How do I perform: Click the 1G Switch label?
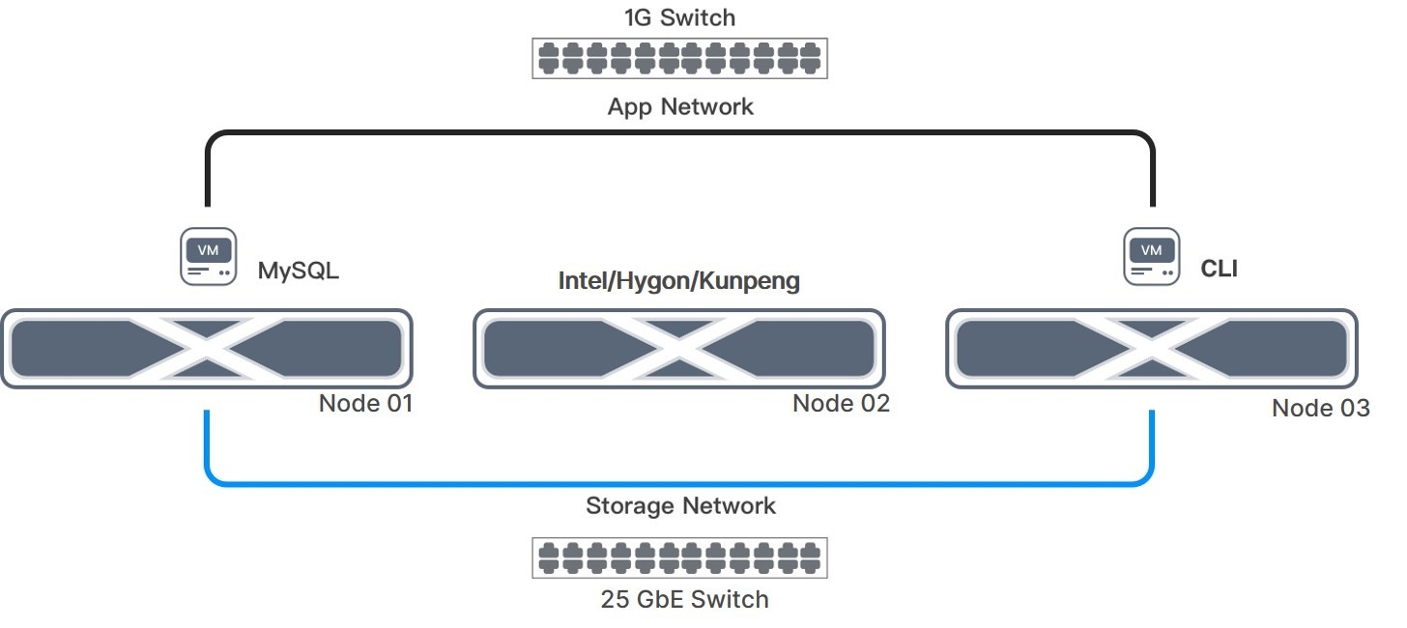(x=679, y=17)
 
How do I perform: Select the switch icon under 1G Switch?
(x=679, y=58)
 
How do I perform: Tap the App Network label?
(x=679, y=106)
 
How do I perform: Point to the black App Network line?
(x=679, y=133)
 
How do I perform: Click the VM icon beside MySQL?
(x=208, y=256)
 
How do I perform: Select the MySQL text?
(x=298, y=271)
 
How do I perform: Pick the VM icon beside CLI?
(x=1151, y=256)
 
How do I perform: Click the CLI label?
(x=1219, y=269)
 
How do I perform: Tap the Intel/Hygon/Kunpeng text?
(x=679, y=281)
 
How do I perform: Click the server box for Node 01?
(x=207, y=348)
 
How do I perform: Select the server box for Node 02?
(x=678, y=348)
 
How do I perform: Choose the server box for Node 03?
(x=1151, y=348)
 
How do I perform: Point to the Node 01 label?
(x=365, y=403)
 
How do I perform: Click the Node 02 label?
(x=841, y=403)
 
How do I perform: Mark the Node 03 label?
(x=1320, y=408)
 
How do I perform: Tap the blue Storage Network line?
(x=679, y=483)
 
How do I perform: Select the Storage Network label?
(x=680, y=505)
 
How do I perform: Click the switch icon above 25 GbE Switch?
(x=679, y=557)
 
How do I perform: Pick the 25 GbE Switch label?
(x=684, y=599)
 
